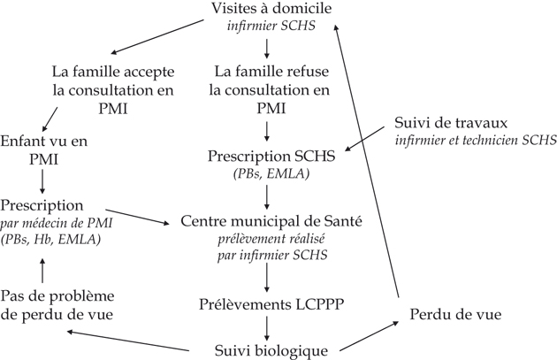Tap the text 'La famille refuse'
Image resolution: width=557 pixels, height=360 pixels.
(x=266, y=71)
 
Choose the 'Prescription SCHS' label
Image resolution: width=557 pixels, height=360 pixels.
(x=266, y=156)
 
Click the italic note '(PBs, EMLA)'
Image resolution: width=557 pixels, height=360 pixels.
(x=266, y=173)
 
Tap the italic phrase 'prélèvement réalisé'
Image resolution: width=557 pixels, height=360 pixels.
(x=266, y=237)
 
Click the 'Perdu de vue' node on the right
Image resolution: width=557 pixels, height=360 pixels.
(x=451, y=314)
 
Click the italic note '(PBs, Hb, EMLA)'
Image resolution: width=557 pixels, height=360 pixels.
(x=51, y=240)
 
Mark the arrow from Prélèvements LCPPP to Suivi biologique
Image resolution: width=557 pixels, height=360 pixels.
(x=266, y=326)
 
